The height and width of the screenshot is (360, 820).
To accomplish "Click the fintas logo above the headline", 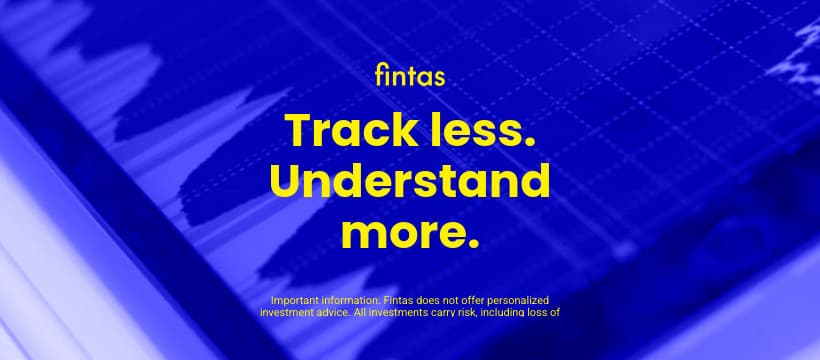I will tap(410, 76).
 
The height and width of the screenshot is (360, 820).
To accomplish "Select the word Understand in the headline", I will tap(410, 183).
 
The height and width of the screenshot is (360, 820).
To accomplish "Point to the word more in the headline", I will tap(398, 233).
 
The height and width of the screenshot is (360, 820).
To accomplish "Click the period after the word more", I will tap(473, 243).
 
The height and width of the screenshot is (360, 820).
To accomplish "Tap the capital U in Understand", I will tap(286, 183).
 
